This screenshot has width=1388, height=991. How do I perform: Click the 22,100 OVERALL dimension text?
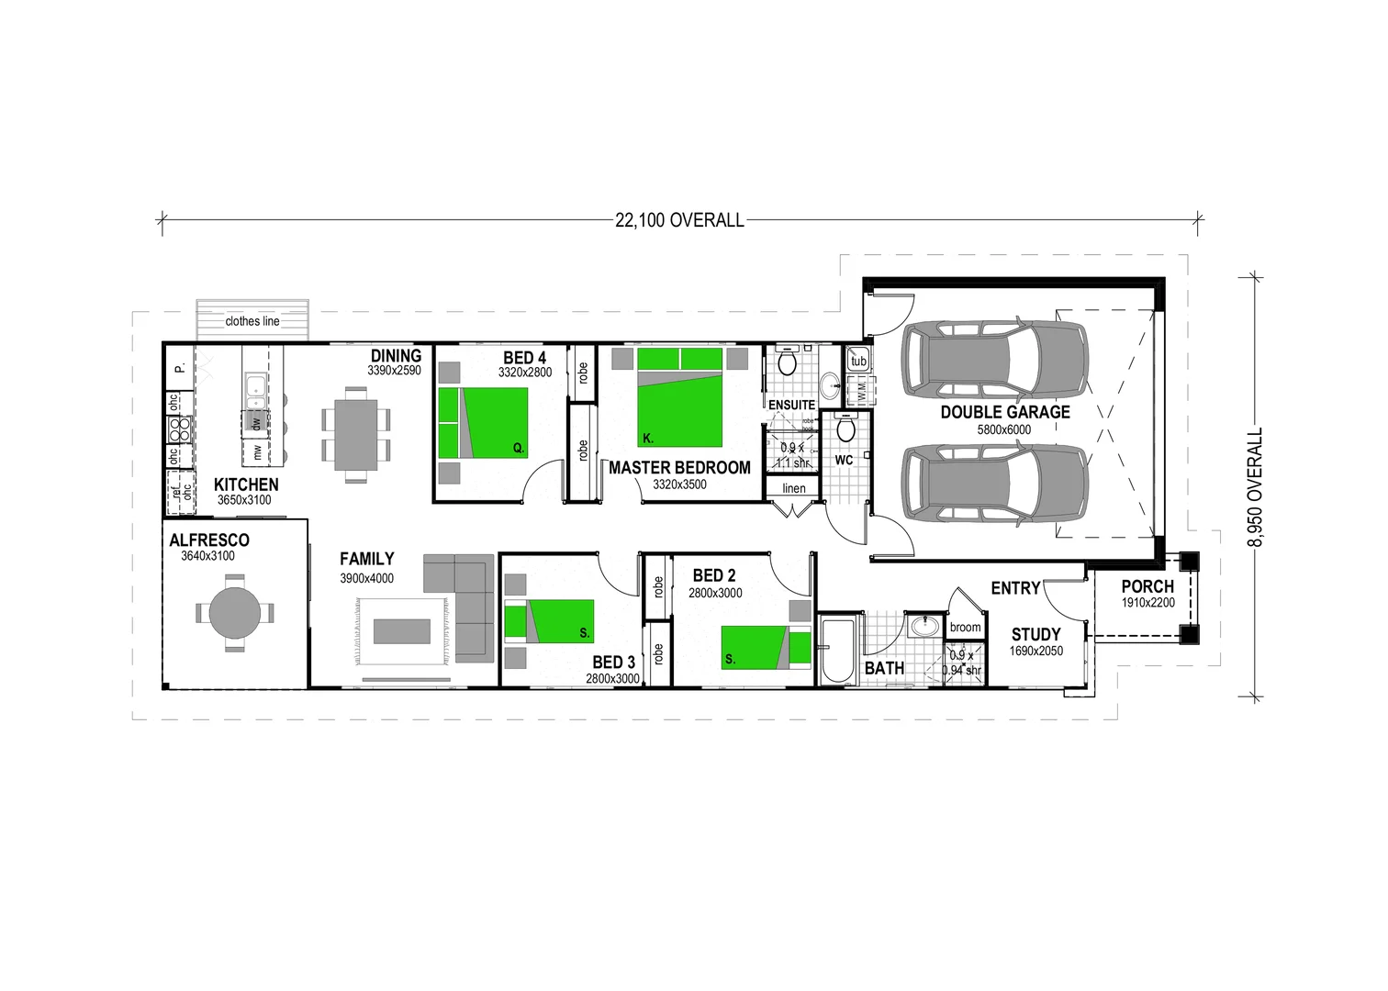679,220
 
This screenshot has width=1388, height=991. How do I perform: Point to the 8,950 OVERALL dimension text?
1255,487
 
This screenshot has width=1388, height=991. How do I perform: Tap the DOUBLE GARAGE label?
1005,413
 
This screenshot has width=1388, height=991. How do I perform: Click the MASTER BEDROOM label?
679,468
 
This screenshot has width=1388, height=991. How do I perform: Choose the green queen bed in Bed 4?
484,422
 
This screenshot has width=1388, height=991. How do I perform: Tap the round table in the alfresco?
235,612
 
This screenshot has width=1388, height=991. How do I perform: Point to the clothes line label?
252,321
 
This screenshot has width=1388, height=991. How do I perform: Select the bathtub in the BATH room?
837,651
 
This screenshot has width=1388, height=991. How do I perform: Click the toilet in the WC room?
846,428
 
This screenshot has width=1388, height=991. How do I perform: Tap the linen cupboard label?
794,488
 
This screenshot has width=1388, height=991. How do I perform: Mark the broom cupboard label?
965,628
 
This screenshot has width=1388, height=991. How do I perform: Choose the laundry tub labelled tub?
858,361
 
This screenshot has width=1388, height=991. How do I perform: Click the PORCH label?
1147,586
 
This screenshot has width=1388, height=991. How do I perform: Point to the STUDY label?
1036,635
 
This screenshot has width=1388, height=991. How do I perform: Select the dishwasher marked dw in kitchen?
256,422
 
